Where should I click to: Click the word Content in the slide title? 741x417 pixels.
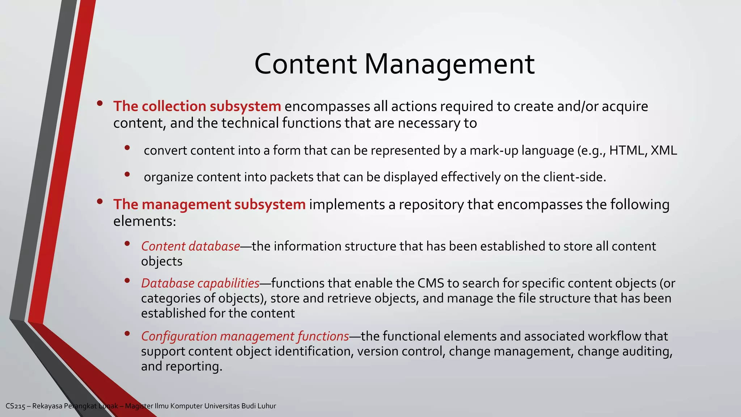306,64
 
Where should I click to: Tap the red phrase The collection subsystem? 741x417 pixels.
197,106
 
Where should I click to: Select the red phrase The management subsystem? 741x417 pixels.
209,205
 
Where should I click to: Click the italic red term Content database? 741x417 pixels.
190,246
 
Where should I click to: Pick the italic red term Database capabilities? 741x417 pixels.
200,283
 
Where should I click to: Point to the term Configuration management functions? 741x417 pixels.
245,336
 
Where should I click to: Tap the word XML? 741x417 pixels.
664,150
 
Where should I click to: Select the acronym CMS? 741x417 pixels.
431,283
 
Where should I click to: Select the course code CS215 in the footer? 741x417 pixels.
16,406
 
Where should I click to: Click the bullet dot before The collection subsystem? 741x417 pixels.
100,104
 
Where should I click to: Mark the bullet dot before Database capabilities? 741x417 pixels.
127,281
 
